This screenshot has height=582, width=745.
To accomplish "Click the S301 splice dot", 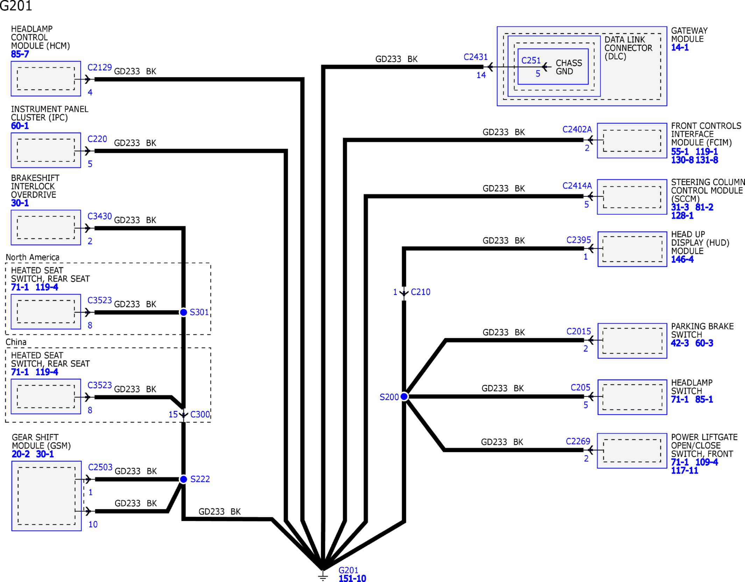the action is point(183,312).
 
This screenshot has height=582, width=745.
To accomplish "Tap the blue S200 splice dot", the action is point(404,397).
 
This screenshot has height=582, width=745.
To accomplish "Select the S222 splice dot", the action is point(183,479).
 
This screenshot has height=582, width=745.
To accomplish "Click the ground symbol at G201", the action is point(323,575).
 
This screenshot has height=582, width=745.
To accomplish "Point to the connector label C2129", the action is point(100,67).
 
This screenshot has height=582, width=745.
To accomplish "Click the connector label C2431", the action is point(476,57).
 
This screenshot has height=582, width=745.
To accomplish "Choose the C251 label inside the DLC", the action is point(531,61).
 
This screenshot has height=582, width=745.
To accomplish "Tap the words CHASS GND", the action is point(569,67).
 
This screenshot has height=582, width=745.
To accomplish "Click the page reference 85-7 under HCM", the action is point(20,54).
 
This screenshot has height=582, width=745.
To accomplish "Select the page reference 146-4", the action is point(682,260).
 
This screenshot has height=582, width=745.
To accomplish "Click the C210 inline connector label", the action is point(421,292).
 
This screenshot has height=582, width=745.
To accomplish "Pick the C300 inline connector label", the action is point(200,414).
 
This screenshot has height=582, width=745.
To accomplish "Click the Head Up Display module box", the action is point(632,249).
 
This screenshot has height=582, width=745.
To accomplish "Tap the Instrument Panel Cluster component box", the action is point(46,150).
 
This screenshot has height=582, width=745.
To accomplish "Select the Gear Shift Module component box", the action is point(47,496).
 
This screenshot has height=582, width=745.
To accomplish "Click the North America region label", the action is point(33,257).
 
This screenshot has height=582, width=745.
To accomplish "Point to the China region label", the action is point(16,342).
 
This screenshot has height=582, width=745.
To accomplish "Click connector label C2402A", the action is point(577,129).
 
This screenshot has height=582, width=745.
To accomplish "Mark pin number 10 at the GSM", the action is point(93,524).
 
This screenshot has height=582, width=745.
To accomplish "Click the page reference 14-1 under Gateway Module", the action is point(680,48).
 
